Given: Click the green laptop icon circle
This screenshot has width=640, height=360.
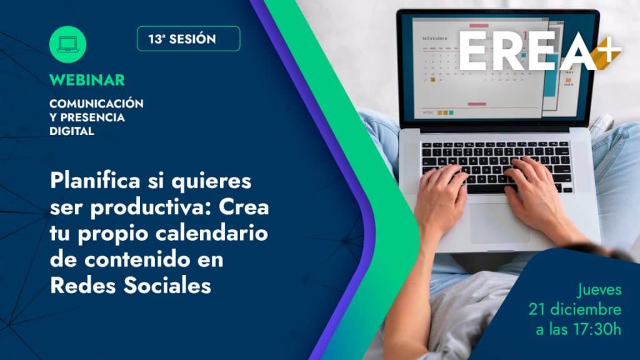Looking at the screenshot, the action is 67,44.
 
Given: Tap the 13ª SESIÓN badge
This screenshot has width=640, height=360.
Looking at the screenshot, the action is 189,39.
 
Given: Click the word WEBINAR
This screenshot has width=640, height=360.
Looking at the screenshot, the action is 87,80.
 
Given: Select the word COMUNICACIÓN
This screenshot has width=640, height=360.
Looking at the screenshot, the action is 96,103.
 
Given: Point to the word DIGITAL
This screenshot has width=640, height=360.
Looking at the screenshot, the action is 72,131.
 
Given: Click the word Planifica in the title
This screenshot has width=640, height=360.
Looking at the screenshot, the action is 95,181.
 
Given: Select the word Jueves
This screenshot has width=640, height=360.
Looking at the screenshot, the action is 599,290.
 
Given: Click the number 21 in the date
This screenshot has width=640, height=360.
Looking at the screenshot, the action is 537,309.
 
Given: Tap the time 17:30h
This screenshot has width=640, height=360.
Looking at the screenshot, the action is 597,329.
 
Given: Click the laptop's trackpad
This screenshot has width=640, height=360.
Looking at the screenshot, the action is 500,223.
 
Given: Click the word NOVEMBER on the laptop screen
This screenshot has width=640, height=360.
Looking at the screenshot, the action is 435,38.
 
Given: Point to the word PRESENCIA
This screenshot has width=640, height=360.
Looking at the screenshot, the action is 92,117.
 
